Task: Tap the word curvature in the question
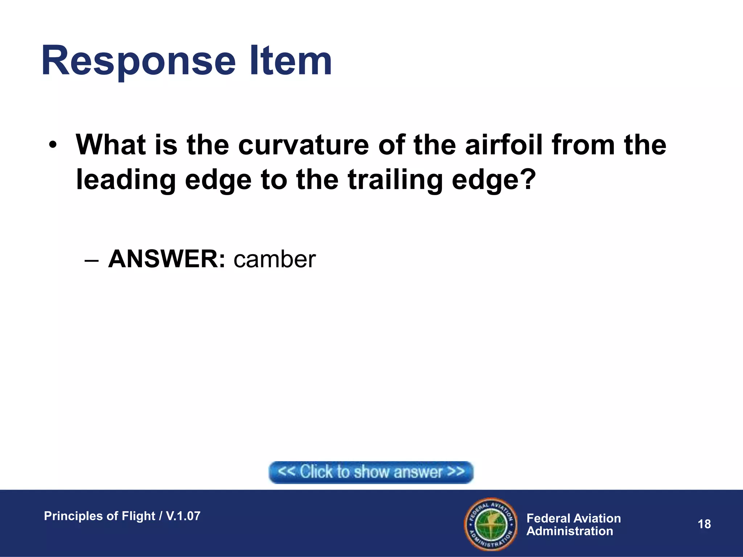(303, 145)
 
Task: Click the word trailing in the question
(395, 180)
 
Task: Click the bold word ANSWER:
(167, 259)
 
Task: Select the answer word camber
(275, 259)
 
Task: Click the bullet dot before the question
(53, 145)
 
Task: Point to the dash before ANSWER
(91, 260)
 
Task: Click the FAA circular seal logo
(491, 524)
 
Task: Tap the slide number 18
(704, 524)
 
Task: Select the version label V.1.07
(183, 516)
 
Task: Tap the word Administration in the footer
(570, 531)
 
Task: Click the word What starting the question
(111, 145)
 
